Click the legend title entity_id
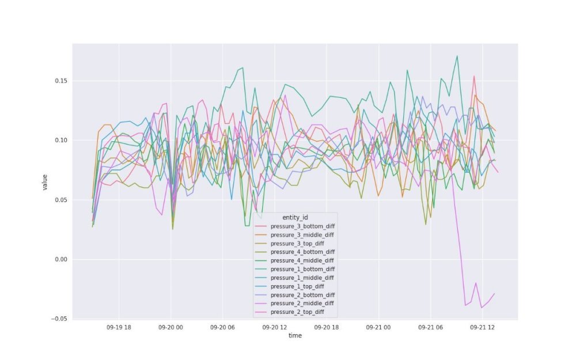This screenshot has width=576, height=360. tap(295, 217)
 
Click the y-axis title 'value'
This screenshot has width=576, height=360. tap(44, 182)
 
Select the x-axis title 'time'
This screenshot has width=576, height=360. tap(295, 335)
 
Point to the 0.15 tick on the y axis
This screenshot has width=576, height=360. tap(60, 81)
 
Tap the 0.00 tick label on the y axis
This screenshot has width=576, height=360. tap(60, 260)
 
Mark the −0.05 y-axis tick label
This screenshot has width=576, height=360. tap(59, 319)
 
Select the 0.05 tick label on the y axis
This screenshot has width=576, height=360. tap(60, 200)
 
